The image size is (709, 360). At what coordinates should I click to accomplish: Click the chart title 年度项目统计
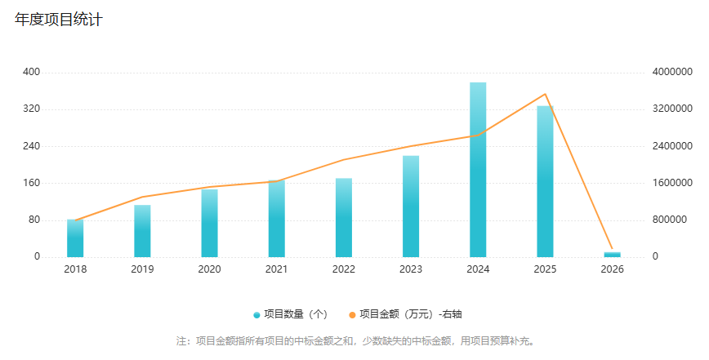(x=58, y=20)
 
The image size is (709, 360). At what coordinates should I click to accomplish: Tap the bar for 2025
(x=545, y=181)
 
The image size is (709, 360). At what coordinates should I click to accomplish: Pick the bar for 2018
(x=75, y=238)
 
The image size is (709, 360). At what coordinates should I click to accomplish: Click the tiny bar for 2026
(x=613, y=254)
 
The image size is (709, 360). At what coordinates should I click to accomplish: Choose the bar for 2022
(x=344, y=217)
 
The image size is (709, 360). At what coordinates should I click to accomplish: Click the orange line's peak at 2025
(x=545, y=94)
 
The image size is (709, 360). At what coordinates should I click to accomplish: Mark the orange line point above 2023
(x=411, y=146)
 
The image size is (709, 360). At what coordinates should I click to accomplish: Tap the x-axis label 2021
(x=277, y=269)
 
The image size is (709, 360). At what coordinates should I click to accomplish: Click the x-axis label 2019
(x=142, y=269)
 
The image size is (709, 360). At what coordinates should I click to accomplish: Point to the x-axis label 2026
(x=613, y=269)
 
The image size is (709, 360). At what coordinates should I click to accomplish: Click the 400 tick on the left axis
(x=31, y=72)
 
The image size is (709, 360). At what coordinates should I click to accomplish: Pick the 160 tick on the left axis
(x=31, y=183)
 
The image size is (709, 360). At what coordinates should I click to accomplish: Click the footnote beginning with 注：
(x=355, y=340)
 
